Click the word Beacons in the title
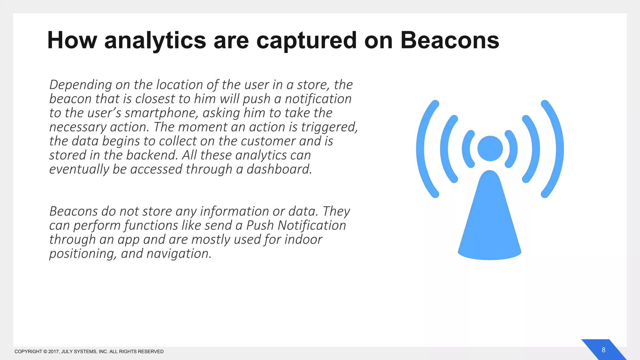[450, 41]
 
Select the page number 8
[603, 350]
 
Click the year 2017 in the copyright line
[53, 352]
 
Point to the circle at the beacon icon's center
[490, 149]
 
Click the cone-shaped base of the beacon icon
[489, 225]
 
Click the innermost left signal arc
[466, 149]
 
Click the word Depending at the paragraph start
[81, 85]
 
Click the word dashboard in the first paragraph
[279, 169]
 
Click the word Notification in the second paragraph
[312, 226]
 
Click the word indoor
[303, 240]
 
